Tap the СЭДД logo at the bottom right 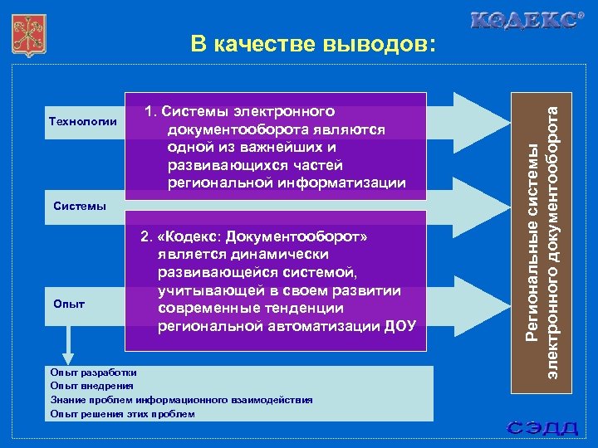pyautogui.click(x=544, y=428)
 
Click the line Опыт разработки pyautogui.click(x=94, y=373)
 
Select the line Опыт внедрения pyautogui.click(x=91, y=386)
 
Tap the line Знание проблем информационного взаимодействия pyautogui.click(x=181, y=400)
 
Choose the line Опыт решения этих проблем pyautogui.click(x=122, y=414)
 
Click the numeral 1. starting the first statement pyautogui.click(x=150, y=111)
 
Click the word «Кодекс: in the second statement pyautogui.click(x=184, y=237)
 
